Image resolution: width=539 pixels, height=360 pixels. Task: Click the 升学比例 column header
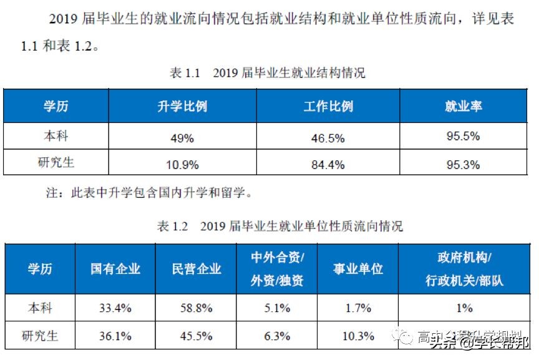point(182,105)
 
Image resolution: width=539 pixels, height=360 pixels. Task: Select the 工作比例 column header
point(328,105)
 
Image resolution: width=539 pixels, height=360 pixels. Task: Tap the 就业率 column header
point(463,105)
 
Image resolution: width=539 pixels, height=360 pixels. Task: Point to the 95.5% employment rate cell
point(463,136)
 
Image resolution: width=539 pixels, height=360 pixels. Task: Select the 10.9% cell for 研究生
point(182,165)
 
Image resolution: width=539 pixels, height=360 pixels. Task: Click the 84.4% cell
point(328,165)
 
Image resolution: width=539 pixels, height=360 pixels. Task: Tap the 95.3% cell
point(463,165)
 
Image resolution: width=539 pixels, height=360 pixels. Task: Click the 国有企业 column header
point(115,269)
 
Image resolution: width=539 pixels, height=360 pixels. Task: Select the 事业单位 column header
point(358,269)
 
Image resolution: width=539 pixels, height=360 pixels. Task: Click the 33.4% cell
point(115,308)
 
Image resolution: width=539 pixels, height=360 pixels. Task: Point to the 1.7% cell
point(358,308)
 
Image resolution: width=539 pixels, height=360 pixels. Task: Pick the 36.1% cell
point(115,336)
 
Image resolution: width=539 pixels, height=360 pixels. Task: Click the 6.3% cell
point(277,336)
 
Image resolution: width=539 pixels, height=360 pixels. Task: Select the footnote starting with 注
point(150,193)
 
